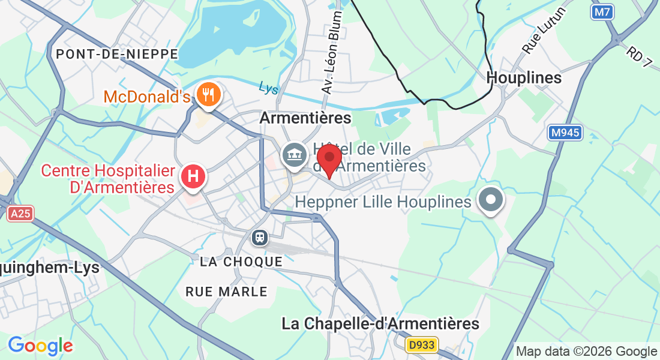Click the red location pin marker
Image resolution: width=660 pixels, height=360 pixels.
pos(329,158)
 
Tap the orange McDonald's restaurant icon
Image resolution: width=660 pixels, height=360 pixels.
pos(208,95)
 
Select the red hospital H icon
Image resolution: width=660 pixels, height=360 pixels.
pos(193,177)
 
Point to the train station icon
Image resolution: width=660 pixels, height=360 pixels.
pos(260,238)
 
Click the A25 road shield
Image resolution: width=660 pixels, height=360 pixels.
pos(21,214)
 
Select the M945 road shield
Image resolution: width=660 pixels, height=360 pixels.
pos(565,133)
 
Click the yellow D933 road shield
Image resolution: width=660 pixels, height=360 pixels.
pos(422,345)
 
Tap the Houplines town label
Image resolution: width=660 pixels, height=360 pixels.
pos(524,78)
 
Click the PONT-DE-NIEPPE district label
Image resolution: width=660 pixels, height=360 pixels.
pos(117,54)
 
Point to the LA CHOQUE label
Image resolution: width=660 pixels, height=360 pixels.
pos(241,262)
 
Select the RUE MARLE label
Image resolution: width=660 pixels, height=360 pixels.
pos(226,292)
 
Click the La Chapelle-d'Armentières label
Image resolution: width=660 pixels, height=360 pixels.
pos(380,324)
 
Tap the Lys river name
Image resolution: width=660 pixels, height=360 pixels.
pos(269,88)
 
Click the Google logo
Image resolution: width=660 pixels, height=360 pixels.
pos(40,346)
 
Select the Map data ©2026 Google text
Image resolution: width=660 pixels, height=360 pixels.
pos(587,351)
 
